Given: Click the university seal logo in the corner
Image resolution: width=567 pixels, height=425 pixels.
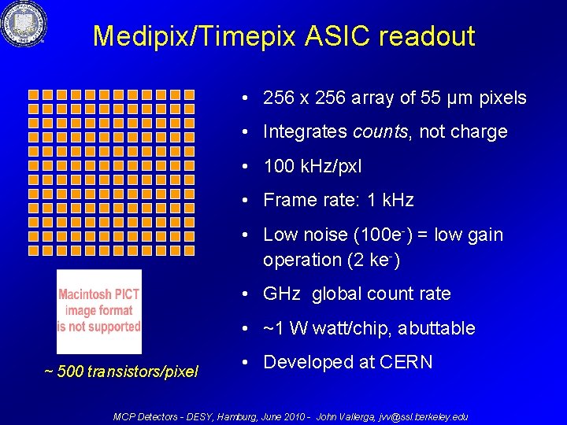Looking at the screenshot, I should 24,24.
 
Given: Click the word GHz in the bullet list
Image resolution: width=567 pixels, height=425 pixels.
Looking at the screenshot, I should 281,294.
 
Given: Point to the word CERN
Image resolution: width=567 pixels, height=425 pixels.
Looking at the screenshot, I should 406,362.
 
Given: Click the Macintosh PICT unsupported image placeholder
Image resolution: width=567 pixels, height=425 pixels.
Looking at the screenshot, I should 99,312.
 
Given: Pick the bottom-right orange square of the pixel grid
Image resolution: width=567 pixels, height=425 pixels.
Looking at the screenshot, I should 188,249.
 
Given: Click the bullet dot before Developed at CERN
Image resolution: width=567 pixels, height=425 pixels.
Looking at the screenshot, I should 246,363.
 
